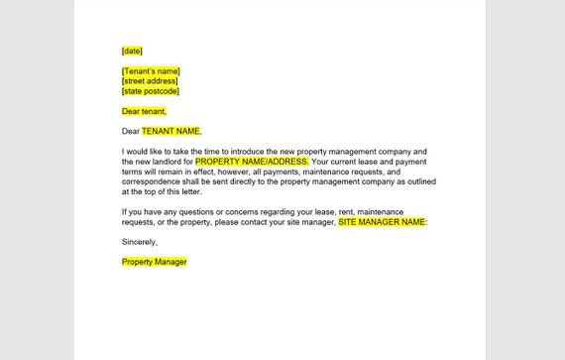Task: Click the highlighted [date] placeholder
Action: (132, 51)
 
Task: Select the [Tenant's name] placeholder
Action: (151, 71)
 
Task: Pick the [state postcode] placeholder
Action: (151, 91)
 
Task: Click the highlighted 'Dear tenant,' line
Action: (145, 111)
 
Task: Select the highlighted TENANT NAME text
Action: (170, 131)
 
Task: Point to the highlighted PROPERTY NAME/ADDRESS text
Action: (252, 161)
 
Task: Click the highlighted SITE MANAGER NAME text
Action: (383, 221)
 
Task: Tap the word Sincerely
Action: (140, 242)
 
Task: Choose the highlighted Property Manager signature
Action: (154, 262)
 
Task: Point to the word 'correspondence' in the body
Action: (153, 180)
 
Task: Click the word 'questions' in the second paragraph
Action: (207, 211)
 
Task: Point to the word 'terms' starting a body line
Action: (133, 171)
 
